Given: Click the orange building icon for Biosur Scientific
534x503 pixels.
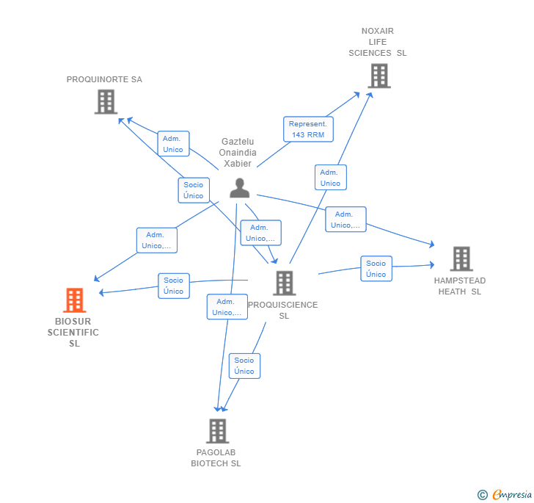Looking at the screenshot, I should pos(74,300).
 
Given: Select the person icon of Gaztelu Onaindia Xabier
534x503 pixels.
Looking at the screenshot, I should pos(239,188).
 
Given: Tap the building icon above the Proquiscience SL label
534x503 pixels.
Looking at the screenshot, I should pos(284,283).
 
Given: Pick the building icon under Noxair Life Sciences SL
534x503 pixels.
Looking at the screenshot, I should pos(378,76).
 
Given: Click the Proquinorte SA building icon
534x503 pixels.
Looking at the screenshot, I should pos(106,101).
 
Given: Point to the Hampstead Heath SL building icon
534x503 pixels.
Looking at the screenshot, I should pos(461,258).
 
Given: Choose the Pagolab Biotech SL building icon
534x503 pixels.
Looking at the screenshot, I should pos(216,431).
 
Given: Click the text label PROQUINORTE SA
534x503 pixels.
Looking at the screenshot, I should pos(104,79).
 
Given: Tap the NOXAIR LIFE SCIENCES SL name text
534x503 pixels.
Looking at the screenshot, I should pos(378,42).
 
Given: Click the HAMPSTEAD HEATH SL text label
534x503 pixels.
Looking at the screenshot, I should pos(460,286).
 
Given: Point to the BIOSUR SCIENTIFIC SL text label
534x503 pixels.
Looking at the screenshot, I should pos(73,332).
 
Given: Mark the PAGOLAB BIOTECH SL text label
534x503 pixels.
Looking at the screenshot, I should pos(216,457).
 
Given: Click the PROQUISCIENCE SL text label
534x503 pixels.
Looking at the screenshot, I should pos(283,310).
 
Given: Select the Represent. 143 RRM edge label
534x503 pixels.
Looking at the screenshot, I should pos(308,129).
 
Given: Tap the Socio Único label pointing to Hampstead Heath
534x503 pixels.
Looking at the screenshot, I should pos(376,269).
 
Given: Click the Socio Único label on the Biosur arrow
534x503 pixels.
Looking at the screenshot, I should pos(174,286).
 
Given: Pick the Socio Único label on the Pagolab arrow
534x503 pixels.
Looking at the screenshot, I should pos(244,366).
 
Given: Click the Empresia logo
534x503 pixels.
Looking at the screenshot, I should pos(512,494).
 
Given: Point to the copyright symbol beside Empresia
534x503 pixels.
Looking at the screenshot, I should pos(483,495).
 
